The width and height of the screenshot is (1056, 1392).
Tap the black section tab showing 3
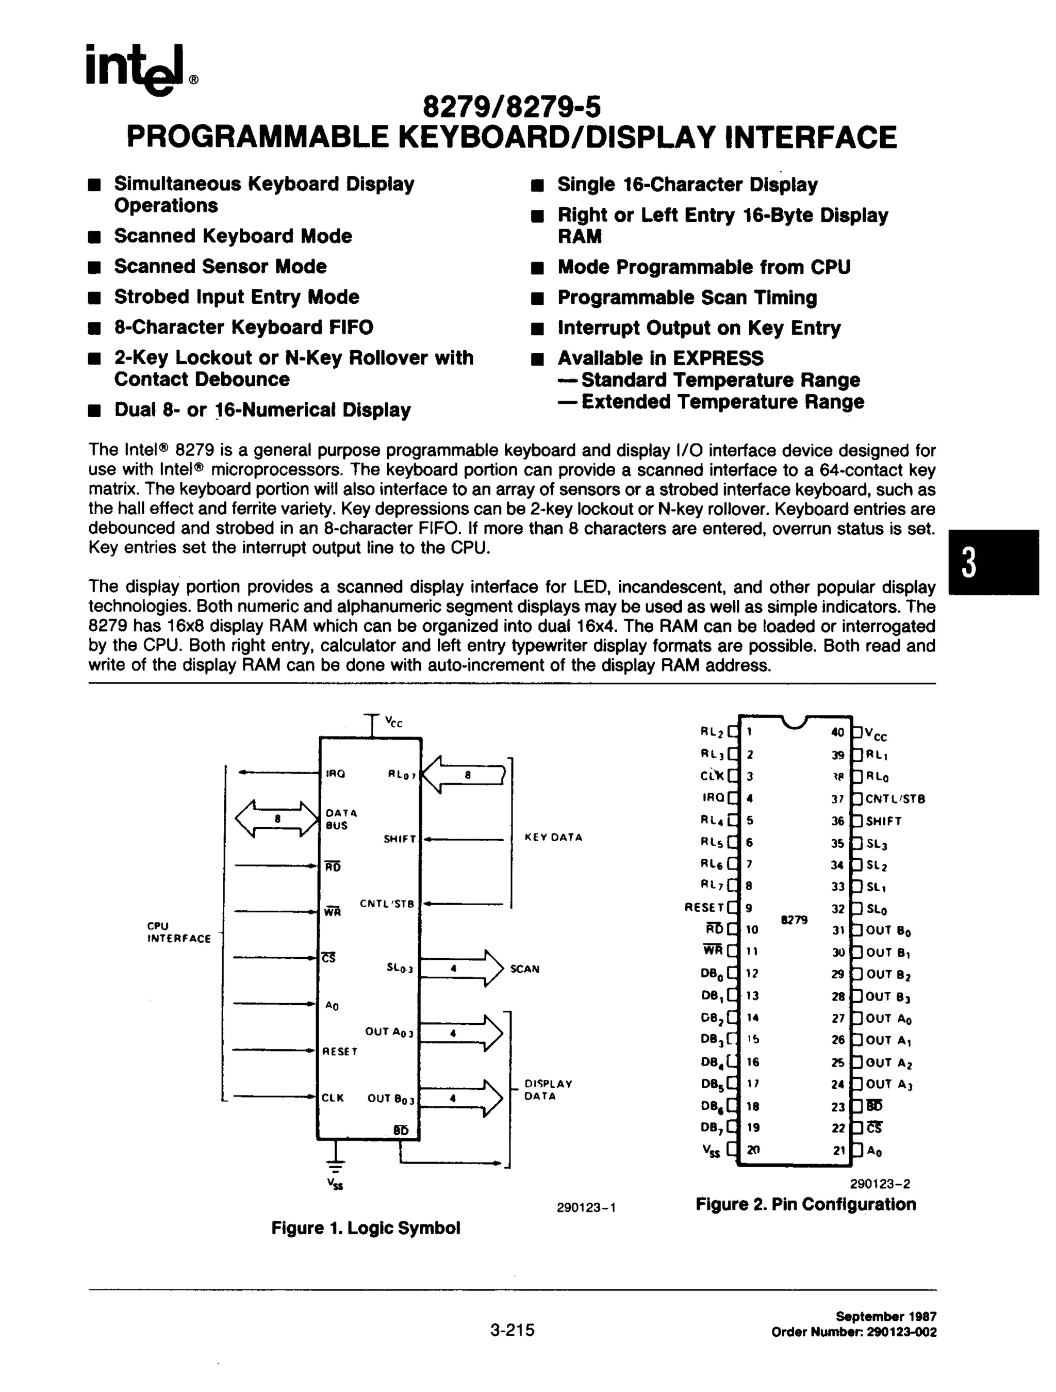993,563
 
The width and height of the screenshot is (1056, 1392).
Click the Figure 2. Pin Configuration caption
805,1204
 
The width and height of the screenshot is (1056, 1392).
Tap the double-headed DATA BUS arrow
277,818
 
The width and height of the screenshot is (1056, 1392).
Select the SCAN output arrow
462,969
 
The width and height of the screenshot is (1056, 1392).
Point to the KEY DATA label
553,837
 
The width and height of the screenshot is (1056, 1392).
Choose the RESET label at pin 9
704,907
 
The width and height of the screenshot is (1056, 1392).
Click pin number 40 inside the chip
837,732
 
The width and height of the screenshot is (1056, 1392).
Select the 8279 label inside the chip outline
794,920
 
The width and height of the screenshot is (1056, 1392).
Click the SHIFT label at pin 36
884,821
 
